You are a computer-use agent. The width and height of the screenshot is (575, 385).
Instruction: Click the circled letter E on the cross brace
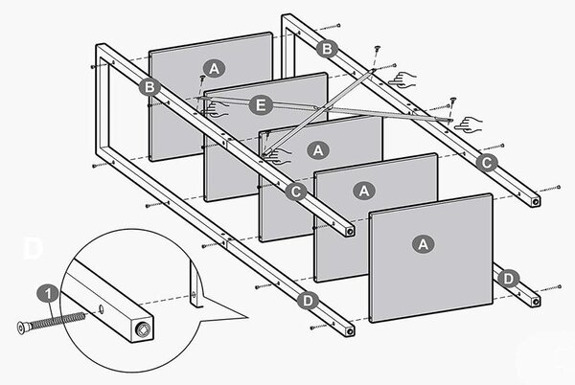pyautogui.click(x=261, y=105)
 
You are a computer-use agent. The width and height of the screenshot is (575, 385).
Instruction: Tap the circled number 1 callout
pyautogui.click(x=48, y=294)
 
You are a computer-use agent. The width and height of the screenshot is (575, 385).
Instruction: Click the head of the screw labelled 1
pyautogui.click(x=21, y=328)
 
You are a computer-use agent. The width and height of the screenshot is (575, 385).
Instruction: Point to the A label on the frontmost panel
pyautogui.click(x=423, y=243)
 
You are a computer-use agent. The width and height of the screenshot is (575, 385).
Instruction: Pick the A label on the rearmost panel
pyautogui.click(x=214, y=68)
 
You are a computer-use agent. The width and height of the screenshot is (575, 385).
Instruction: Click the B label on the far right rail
pyautogui.click(x=327, y=48)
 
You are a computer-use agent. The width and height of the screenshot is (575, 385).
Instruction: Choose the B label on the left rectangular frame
pyautogui.click(x=149, y=87)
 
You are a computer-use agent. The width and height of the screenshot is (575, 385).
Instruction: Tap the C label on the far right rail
pyautogui.click(x=487, y=163)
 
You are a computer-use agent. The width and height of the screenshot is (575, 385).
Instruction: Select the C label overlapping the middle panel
pyautogui.click(x=295, y=192)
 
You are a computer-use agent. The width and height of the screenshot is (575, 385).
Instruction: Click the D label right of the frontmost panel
pyautogui.click(x=508, y=279)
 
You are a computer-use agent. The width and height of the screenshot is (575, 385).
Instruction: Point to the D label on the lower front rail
pyautogui.click(x=308, y=301)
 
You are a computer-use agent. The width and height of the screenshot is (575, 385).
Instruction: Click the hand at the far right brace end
pyautogui.click(x=469, y=125)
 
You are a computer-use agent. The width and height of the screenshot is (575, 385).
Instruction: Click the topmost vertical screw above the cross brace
pyautogui.click(x=377, y=50)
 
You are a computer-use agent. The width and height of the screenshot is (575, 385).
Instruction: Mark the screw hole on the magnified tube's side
pyautogui.click(x=102, y=310)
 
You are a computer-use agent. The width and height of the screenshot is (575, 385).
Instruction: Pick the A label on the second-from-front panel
pyautogui.click(x=364, y=191)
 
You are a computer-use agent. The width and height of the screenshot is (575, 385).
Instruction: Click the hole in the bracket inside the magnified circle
pyautogui.click(x=194, y=293)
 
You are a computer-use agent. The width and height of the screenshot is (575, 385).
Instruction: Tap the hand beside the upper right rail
pyautogui.click(x=402, y=79)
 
